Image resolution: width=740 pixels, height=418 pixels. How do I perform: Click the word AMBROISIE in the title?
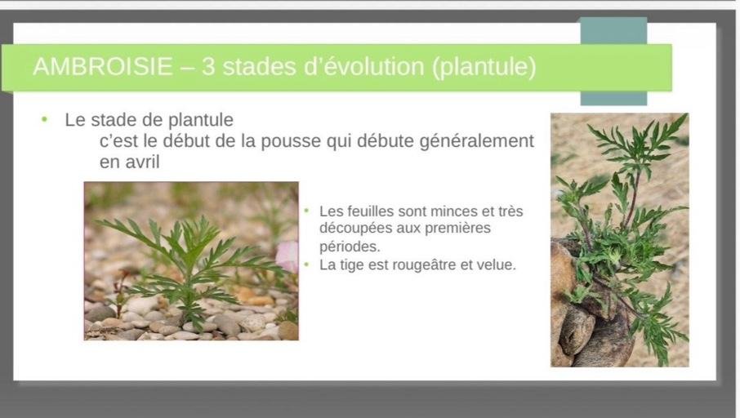click(103, 66)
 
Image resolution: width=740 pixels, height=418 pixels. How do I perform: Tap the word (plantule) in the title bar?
click(484, 67)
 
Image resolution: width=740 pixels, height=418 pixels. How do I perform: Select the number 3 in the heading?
click(208, 66)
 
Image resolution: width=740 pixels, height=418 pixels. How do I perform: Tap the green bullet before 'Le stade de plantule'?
click(44, 119)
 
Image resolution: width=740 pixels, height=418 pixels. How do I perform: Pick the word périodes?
click(350, 247)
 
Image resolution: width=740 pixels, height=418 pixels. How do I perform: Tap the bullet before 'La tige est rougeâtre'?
click(306, 265)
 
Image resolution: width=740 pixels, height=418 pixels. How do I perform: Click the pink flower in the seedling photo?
click(288, 256)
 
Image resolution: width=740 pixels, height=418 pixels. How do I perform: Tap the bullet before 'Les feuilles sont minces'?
click(306, 211)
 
